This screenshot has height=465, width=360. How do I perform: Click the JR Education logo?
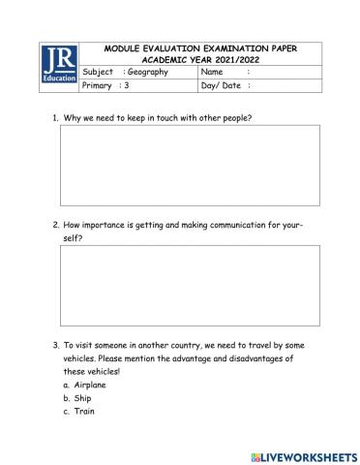click(60, 64)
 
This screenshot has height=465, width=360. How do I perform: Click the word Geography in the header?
click(147, 72)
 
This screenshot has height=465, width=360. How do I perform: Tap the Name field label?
click(212, 72)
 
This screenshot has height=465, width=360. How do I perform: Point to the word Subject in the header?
click(99, 72)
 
